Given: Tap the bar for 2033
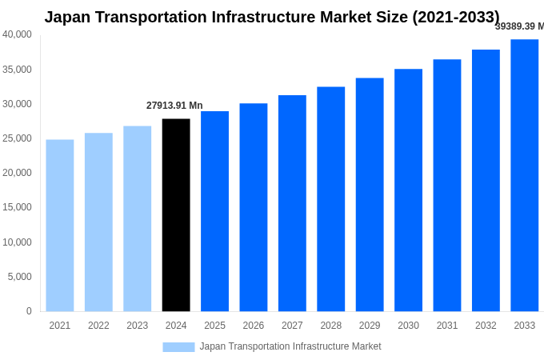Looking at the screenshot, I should tap(524, 175).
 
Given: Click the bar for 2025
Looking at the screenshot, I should tap(214, 211).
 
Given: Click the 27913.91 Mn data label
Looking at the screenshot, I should tap(174, 106).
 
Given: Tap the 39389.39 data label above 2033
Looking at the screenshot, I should tap(519, 26).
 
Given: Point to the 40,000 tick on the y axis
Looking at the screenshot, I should tap(17, 34).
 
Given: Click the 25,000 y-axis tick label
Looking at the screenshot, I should tap(17, 138).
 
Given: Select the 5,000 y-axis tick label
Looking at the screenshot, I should tap(19, 277).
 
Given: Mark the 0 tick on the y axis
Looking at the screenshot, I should tap(29, 311).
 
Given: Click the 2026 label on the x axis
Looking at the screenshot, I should tap(253, 326).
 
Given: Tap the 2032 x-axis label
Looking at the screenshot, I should tap(486, 326).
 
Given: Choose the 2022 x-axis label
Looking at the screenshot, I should tap(98, 326).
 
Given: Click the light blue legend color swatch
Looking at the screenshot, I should tap(178, 346).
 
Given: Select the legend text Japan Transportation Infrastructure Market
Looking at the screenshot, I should tap(290, 346).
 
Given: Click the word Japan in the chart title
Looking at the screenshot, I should tap(68, 17).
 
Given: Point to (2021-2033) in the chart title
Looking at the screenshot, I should tap(455, 17).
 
